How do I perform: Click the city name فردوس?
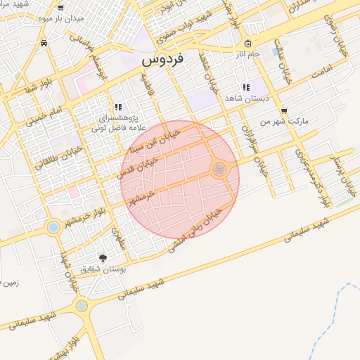pyautogui.click(x=162, y=60)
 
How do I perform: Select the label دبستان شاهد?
pyautogui.click(x=243, y=98)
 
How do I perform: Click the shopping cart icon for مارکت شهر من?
pyautogui.click(x=283, y=110)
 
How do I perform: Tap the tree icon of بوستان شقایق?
pyautogui.click(x=103, y=258)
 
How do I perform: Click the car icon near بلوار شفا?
pyautogui.click(x=44, y=44)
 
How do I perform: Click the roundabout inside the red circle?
pyautogui.click(x=219, y=169)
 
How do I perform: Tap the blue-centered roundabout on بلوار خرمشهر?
pyautogui.click(x=53, y=226)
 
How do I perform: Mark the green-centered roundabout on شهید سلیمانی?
pyautogui.click(x=82, y=306)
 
